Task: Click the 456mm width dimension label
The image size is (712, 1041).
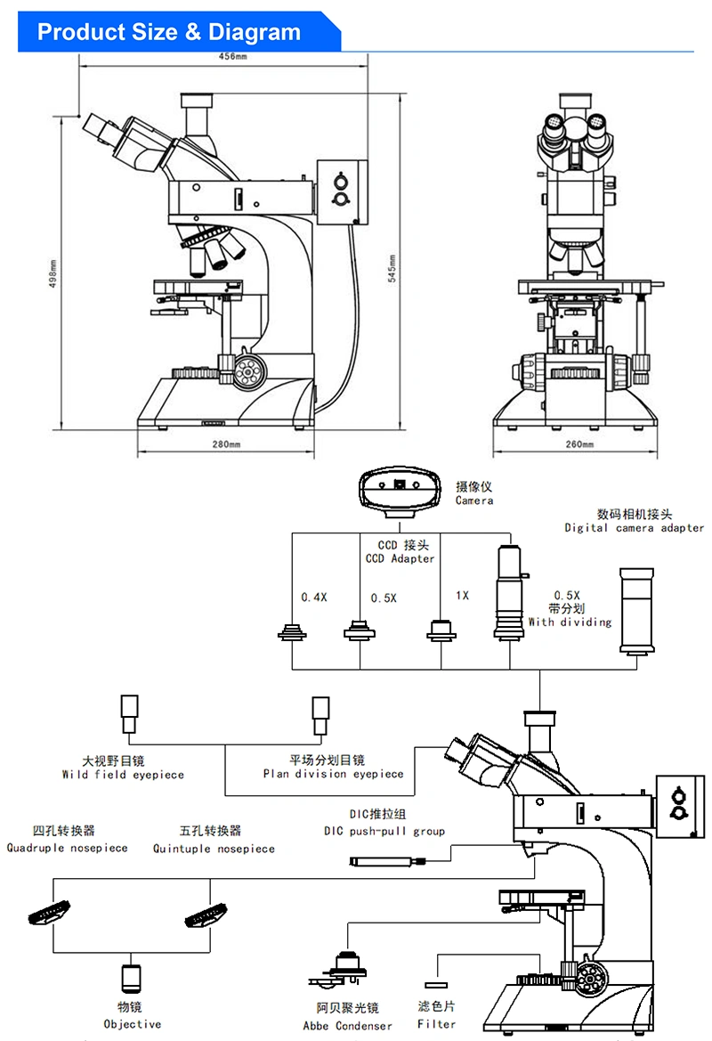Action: point(232,56)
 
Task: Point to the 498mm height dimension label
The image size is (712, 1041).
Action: point(53,272)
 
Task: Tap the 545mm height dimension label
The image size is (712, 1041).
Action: point(392,268)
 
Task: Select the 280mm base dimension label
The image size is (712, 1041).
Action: point(226,444)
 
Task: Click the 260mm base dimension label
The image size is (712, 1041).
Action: point(579,444)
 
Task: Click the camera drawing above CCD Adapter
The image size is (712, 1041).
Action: point(400,493)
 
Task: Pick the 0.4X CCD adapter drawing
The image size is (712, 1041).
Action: point(292,631)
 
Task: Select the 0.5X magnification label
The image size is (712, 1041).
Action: point(384,598)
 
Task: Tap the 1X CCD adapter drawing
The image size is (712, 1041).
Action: point(441,630)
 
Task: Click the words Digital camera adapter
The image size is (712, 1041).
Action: point(634,528)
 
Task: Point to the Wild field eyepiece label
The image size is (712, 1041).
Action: point(123,775)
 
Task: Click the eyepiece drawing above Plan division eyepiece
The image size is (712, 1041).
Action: point(321,716)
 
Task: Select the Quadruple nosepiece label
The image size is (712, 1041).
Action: point(67,848)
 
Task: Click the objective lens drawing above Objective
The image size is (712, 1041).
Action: point(131,978)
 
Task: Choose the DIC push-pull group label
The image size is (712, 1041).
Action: point(384,831)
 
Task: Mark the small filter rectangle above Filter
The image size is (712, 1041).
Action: point(436,985)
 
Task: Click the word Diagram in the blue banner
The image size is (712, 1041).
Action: point(255,32)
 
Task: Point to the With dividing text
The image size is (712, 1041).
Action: point(570,622)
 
